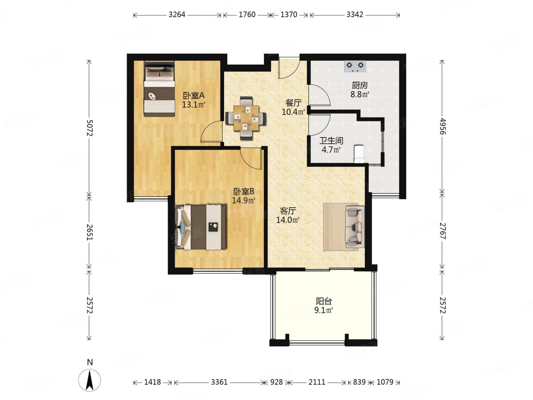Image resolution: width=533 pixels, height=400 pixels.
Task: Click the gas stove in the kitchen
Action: pyautogui.click(x=355, y=66)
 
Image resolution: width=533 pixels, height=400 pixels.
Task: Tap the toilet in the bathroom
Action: pyautogui.click(x=358, y=154)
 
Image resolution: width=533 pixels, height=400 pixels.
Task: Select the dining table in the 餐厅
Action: pyautogui.click(x=246, y=118)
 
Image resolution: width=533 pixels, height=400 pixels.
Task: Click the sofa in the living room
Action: pyautogui.click(x=355, y=226)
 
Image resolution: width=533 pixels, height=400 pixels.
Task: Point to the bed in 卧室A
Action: pyautogui.click(x=159, y=89)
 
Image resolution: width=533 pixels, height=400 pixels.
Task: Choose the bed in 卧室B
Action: pyautogui.click(x=201, y=227)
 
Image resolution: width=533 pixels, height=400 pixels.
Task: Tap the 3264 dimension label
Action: pyautogui.click(x=177, y=15)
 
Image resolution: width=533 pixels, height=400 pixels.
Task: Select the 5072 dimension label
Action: pyautogui.click(x=89, y=128)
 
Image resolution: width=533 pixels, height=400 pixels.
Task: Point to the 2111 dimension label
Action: pyautogui.click(x=317, y=382)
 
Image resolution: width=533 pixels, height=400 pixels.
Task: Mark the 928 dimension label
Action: pyautogui.click(x=276, y=382)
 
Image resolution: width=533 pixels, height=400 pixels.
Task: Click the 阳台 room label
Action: pyautogui.click(x=324, y=301)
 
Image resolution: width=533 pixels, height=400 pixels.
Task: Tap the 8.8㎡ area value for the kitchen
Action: pyautogui.click(x=360, y=94)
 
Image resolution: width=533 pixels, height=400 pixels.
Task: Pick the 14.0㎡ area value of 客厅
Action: pyautogui.click(x=288, y=220)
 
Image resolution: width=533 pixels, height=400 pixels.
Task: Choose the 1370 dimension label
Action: pyautogui.click(x=289, y=15)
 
